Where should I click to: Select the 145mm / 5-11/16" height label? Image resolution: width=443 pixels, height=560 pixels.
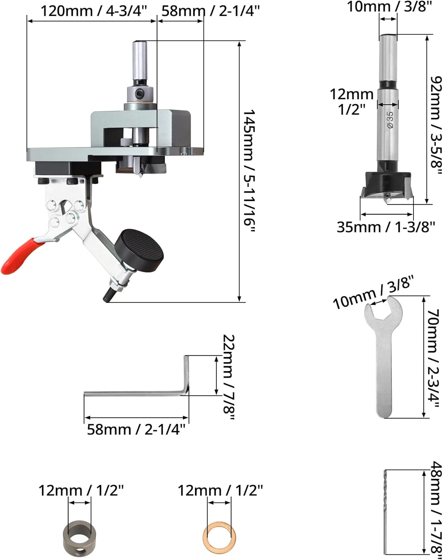click(249, 172)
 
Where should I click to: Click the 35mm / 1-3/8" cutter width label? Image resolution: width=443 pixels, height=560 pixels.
click(386, 227)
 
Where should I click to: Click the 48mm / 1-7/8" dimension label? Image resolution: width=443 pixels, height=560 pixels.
click(435, 511)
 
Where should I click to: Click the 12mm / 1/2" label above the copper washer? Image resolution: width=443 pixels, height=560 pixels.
click(220, 490)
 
